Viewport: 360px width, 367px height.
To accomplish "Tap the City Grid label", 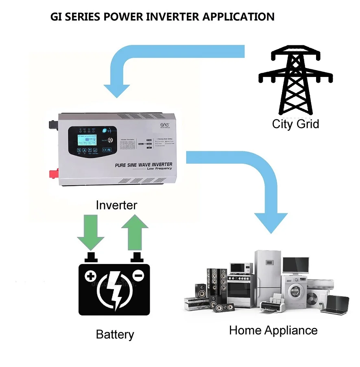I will [x=295, y=124].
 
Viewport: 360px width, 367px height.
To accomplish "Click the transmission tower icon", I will [x=296, y=81].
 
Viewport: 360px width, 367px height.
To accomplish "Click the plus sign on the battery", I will [x=90, y=277].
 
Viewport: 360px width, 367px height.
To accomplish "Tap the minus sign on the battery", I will [x=138, y=276].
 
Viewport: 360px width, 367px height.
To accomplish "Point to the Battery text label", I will [x=115, y=334].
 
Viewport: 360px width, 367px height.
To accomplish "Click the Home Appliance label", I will [x=273, y=330].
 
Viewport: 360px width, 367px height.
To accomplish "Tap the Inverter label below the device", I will [x=116, y=205].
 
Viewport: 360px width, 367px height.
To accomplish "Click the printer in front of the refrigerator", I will [x=272, y=302].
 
